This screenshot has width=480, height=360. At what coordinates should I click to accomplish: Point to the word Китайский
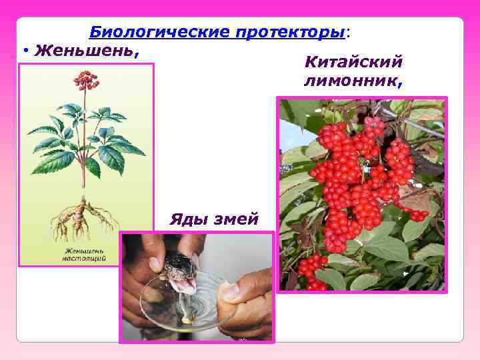pos(353,63)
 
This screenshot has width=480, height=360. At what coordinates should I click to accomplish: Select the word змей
pos(233,219)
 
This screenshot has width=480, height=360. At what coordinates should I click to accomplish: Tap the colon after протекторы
pos(349,32)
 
